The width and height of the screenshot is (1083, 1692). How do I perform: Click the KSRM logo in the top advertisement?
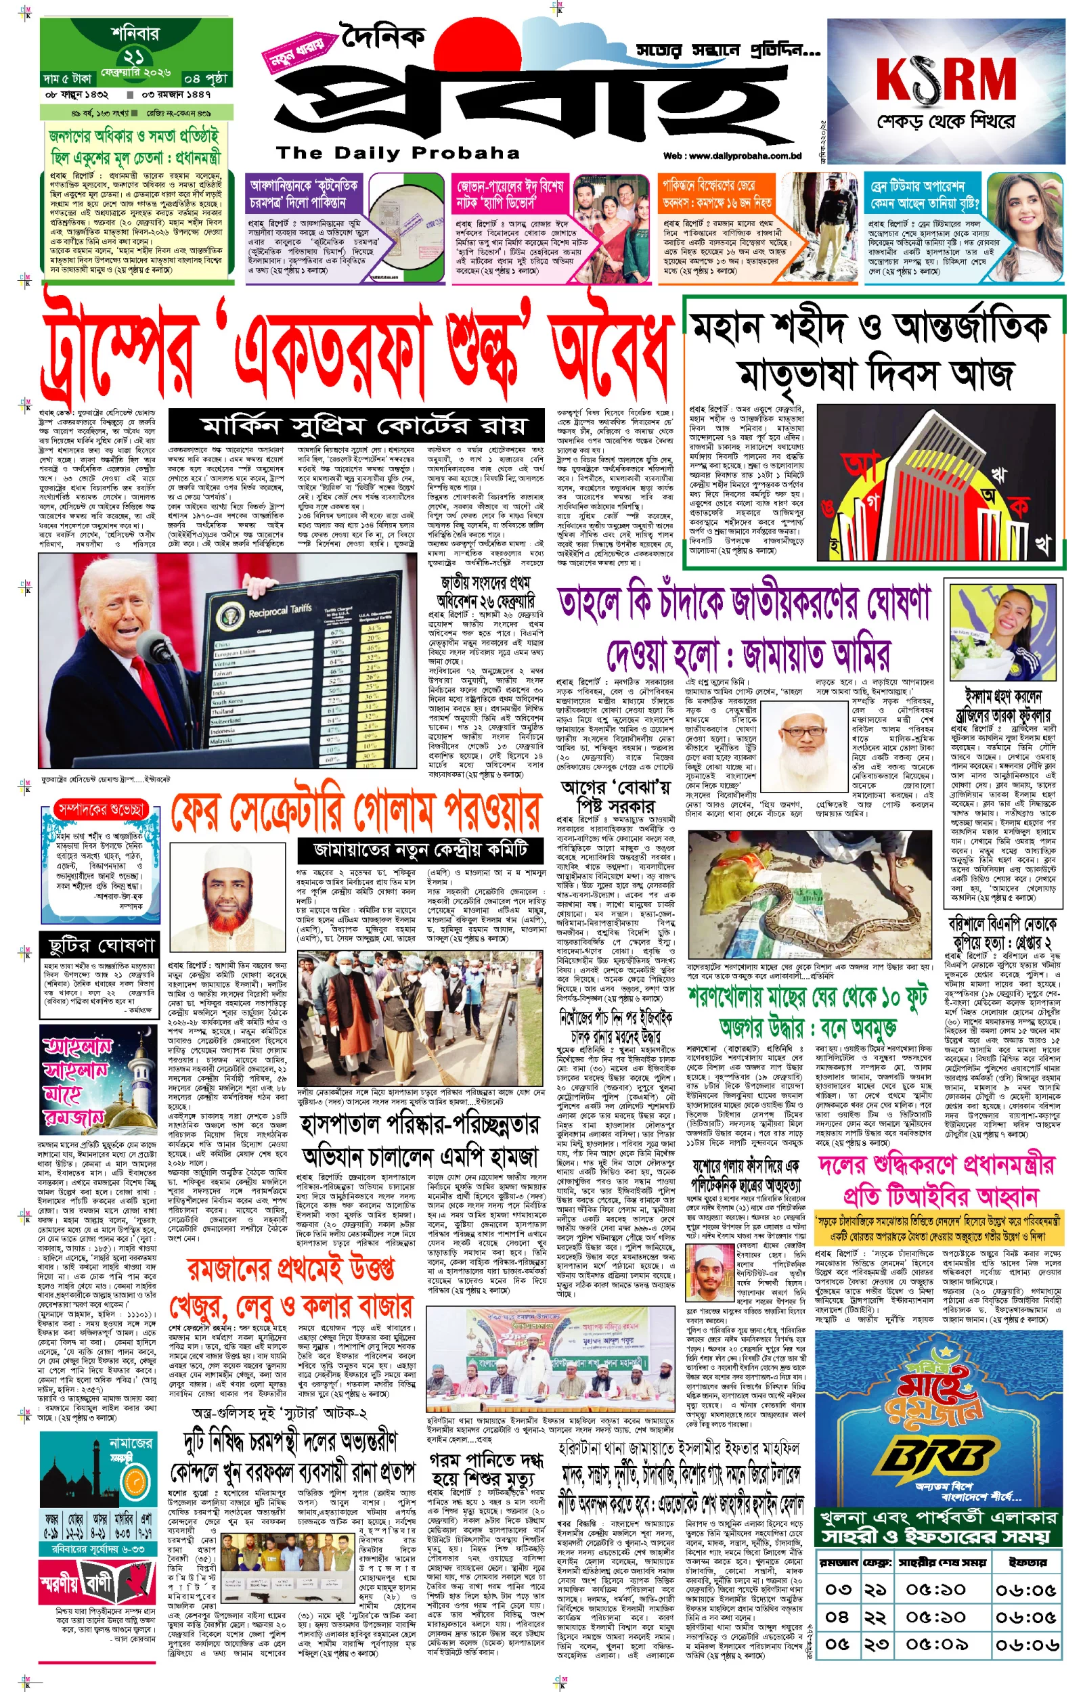tap(945, 79)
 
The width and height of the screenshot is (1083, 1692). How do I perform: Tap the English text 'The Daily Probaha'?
tap(398, 153)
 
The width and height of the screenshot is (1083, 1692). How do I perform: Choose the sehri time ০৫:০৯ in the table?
tap(935, 1643)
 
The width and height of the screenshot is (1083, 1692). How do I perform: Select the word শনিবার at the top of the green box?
tap(135, 32)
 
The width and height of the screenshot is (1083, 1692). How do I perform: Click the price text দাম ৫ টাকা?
tap(68, 78)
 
